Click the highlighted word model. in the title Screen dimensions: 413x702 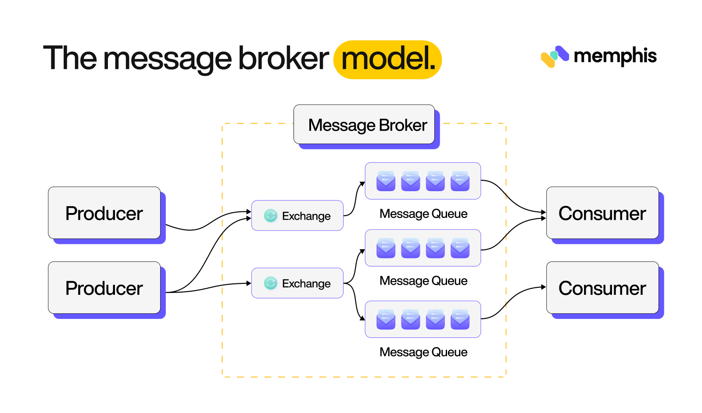(388, 59)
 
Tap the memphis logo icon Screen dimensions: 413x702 (555, 57)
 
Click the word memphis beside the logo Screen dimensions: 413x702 (615, 56)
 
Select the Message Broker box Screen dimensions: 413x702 (364, 125)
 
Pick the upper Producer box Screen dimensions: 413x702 (104, 213)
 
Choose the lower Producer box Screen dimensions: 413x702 (104, 288)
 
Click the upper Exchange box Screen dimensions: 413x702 (297, 216)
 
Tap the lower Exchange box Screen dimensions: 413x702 (297, 283)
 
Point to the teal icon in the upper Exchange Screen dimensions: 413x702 (270, 216)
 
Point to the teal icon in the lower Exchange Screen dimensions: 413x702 (270, 283)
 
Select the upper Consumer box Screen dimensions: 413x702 (602, 213)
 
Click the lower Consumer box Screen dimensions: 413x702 (602, 288)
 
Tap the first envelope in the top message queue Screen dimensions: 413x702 (386, 181)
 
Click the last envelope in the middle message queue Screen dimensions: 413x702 (460, 248)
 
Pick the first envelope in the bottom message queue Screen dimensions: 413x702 (386, 319)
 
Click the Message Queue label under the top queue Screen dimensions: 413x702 (423, 214)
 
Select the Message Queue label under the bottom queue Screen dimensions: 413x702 (423, 352)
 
